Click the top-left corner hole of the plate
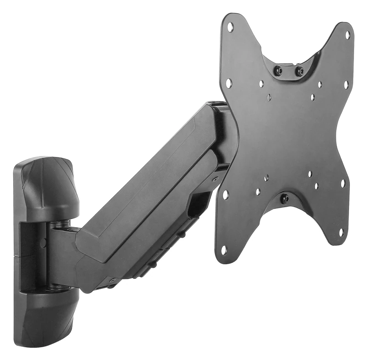coord(230,26)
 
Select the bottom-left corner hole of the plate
coord(224,249)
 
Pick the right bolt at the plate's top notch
coord(299,71)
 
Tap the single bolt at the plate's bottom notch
coord(285,198)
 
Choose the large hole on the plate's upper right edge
coord(346,84)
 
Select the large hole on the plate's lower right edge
coord(343,183)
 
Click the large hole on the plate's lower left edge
coord(225,194)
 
